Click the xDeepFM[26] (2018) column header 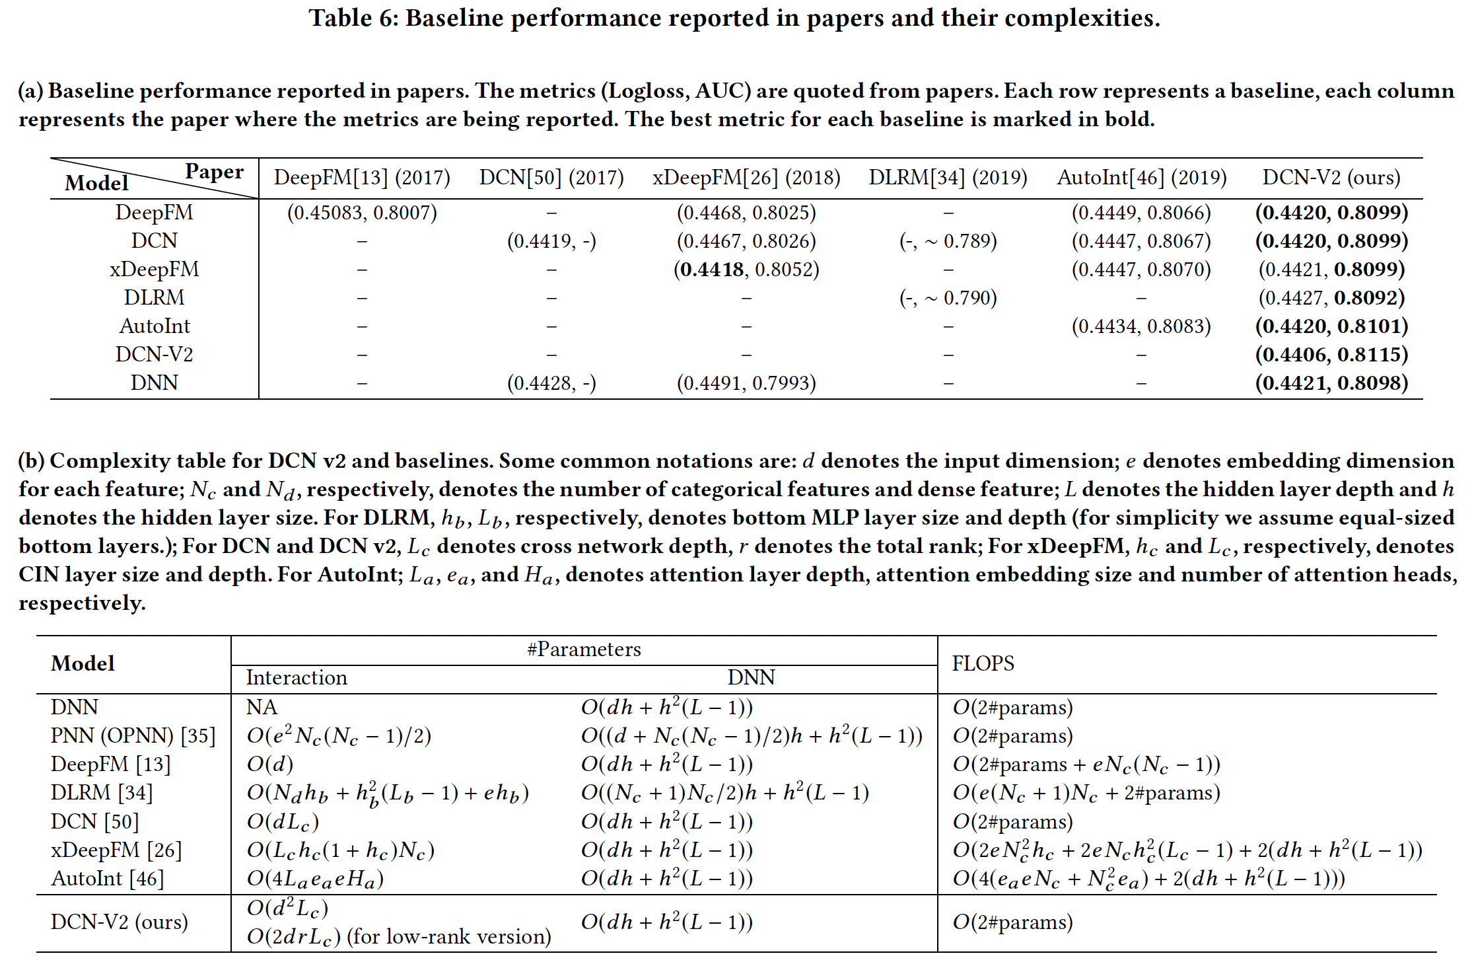(x=746, y=178)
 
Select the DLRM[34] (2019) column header (x=948, y=178)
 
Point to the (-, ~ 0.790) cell (x=948, y=298)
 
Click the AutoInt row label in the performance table (x=155, y=326)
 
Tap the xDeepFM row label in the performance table (x=155, y=270)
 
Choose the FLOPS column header (x=983, y=663)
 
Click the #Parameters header (x=584, y=650)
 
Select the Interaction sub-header (x=297, y=678)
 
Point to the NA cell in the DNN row (x=262, y=708)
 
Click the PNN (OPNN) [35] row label (x=133, y=736)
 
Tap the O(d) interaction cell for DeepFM (x=270, y=764)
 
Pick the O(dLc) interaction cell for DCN (x=283, y=822)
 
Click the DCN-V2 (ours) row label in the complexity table (x=120, y=922)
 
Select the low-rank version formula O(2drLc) (x=294, y=937)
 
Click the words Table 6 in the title (x=351, y=19)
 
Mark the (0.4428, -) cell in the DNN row (x=551, y=383)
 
